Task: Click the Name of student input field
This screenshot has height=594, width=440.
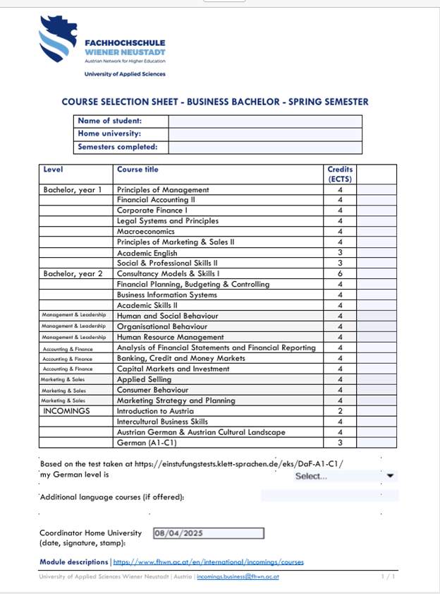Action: coord(264,121)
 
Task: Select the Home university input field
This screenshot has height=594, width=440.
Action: coord(264,134)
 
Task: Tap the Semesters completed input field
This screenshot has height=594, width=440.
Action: coord(264,148)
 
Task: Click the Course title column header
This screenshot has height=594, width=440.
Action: coord(137,170)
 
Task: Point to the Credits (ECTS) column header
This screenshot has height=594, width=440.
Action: coord(340,174)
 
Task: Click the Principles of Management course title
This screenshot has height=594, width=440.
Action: coord(163,189)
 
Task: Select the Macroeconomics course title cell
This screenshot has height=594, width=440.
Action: coord(145,232)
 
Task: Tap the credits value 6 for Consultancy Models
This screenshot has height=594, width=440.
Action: coord(340,274)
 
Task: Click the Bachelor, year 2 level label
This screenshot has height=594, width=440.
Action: coord(73,274)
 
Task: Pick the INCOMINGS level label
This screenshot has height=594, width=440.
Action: coord(67,411)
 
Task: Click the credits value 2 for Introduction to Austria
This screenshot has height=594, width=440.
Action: coord(340,411)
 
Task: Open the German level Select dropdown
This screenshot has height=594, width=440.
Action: coord(345,476)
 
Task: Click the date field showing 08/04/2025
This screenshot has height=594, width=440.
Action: coord(209,533)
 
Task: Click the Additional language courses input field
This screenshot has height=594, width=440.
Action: coord(329,496)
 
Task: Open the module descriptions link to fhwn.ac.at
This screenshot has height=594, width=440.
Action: coord(208,562)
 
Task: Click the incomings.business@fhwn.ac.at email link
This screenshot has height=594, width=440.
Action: coord(238,576)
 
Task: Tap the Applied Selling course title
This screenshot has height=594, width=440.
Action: coord(143,379)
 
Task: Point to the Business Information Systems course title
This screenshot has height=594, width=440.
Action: coord(166,295)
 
